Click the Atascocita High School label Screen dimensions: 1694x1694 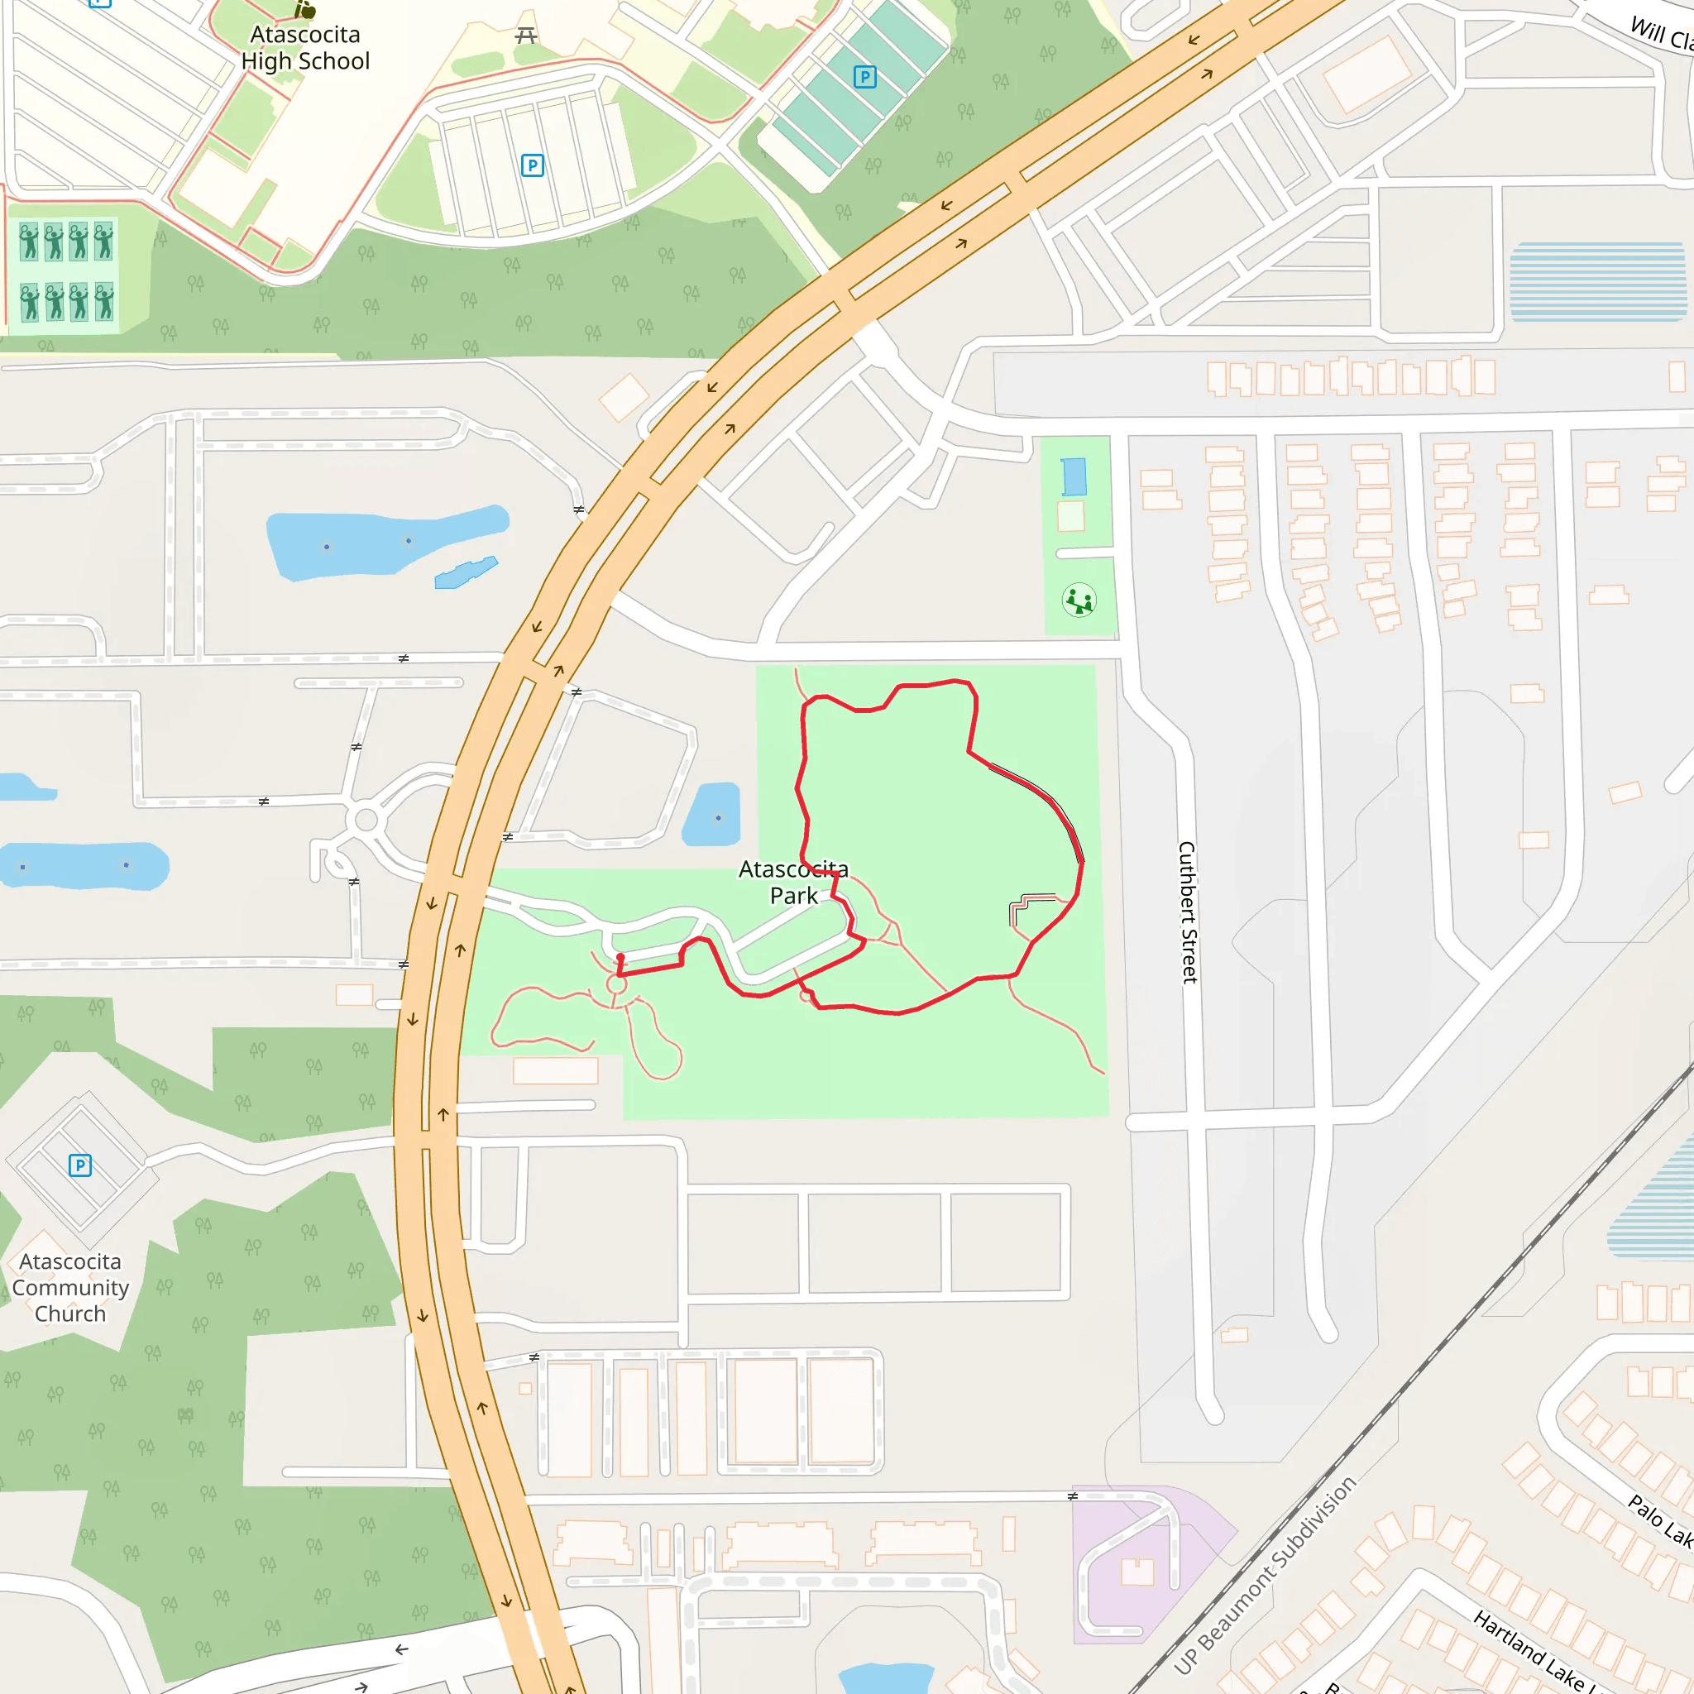pyautogui.click(x=305, y=48)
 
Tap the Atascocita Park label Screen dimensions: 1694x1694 pyautogui.click(x=793, y=882)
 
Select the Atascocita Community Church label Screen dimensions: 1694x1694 pyautogui.click(x=70, y=1287)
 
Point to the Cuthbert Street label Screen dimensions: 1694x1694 pyautogui.click(x=1187, y=912)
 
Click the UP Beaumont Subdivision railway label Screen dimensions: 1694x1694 pyautogui.click(x=1266, y=1576)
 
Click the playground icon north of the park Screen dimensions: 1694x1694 pyautogui.click(x=1079, y=601)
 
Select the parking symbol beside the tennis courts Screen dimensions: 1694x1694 pyautogui.click(x=864, y=77)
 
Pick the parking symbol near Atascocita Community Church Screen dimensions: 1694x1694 pyautogui.click(x=79, y=1165)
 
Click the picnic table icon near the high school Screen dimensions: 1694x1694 pyautogui.click(x=526, y=36)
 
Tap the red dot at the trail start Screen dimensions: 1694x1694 pyautogui.click(x=620, y=958)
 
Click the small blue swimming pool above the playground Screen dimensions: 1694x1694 pyautogui.click(x=1073, y=477)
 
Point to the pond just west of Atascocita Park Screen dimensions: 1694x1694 pyautogui.click(x=712, y=816)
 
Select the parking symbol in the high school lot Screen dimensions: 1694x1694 pyautogui.click(x=532, y=165)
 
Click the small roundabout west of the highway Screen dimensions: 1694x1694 pyautogui.click(x=366, y=821)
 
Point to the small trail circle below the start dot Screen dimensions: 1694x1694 pyautogui.click(x=616, y=984)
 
